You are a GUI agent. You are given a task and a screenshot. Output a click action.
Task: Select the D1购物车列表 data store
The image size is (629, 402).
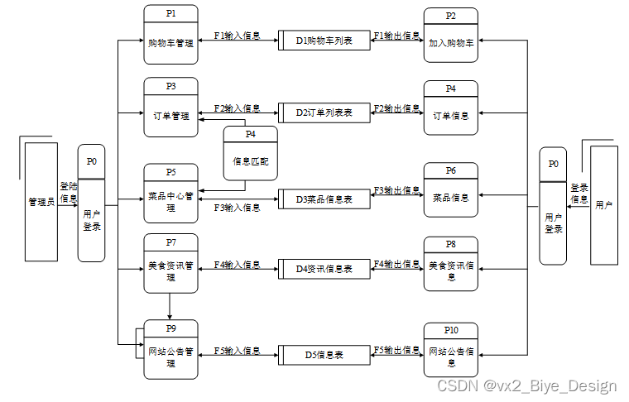coord(324,41)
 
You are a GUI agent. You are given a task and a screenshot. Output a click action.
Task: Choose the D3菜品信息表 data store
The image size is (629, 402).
coord(324,199)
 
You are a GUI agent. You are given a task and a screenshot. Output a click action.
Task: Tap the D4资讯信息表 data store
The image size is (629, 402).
coord(324,269)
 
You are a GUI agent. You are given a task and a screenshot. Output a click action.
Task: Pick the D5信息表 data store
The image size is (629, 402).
coord(324,355)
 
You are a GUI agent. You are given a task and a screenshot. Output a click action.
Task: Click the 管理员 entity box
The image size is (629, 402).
coord(41,201)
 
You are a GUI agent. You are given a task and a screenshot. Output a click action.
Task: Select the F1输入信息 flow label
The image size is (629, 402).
coord(237,36)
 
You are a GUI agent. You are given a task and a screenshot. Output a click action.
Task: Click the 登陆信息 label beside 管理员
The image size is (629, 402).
coord(68,193)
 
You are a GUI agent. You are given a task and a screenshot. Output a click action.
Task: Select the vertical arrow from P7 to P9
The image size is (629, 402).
coord(170,306)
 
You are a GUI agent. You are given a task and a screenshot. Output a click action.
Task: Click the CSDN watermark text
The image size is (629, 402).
coord(526,386)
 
